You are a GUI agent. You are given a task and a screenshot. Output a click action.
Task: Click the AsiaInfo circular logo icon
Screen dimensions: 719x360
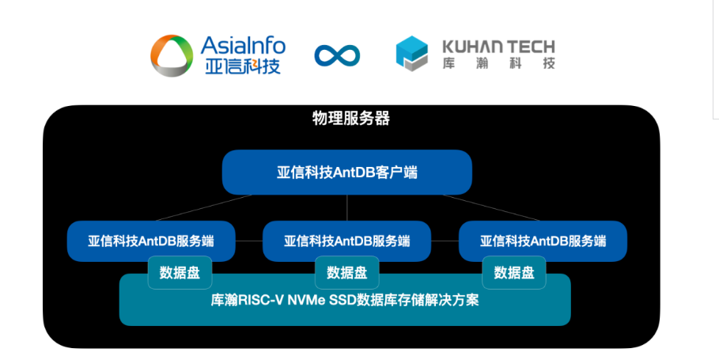[172, 55]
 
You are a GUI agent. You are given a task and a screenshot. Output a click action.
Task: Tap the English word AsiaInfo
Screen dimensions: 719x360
[243, 45]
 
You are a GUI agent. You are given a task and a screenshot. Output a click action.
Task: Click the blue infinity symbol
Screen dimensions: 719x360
[337, 55]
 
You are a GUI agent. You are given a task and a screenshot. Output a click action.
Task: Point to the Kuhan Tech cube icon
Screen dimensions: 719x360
[412, 54]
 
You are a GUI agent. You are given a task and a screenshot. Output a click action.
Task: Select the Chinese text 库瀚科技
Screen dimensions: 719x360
[499, 63]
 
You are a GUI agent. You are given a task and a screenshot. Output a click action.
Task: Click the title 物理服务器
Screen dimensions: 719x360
[351, 119]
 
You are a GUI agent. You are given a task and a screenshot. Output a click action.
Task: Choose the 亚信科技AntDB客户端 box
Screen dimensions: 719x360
[347, 172]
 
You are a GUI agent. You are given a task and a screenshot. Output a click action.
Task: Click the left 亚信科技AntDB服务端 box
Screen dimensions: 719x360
[151, 241]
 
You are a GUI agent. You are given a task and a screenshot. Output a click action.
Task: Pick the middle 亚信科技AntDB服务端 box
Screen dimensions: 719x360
[346, 241]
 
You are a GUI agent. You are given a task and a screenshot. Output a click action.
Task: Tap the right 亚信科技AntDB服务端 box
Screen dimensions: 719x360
[543, 241]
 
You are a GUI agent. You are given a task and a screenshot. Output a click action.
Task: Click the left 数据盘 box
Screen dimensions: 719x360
[180, 273]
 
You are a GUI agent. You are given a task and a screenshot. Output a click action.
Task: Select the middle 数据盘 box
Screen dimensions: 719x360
[347, 273]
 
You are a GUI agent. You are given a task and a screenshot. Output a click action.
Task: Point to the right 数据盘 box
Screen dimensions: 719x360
[514, 273]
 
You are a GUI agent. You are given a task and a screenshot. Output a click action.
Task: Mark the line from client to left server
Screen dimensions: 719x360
[203, 208]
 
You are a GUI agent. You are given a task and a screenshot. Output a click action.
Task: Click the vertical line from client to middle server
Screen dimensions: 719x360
[347, 208]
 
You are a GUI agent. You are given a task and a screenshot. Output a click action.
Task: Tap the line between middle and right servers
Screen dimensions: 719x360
[445, 241]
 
